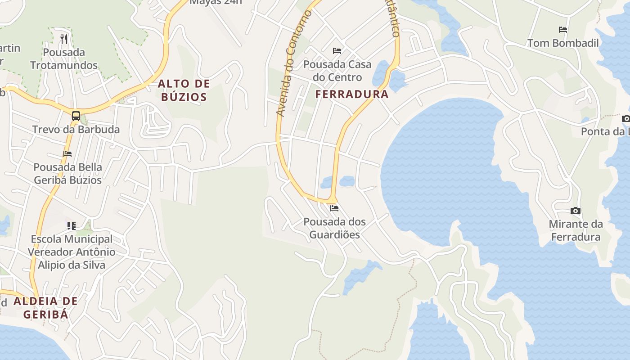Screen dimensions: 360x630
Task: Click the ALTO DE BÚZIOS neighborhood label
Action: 184,90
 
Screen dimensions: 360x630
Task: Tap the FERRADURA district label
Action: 351,94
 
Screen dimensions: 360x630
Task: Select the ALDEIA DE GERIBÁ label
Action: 45,307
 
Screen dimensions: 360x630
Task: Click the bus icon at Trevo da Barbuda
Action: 76,116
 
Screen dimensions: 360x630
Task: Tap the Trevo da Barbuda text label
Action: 76,130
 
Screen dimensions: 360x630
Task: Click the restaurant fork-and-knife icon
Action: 64,39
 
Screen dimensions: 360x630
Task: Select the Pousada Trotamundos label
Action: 64,58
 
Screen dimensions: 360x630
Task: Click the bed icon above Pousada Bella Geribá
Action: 67,154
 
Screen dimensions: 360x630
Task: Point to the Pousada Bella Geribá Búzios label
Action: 67,173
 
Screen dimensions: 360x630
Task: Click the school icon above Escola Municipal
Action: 72,225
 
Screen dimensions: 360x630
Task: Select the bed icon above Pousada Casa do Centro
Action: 337,51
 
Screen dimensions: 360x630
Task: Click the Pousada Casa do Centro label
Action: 337,71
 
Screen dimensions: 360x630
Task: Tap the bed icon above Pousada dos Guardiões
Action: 334,208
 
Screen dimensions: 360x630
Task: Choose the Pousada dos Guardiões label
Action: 334,228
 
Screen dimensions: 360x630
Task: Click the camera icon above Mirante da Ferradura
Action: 575,211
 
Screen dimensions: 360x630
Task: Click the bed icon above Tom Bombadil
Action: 563,30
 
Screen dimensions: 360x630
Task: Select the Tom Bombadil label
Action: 563,43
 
